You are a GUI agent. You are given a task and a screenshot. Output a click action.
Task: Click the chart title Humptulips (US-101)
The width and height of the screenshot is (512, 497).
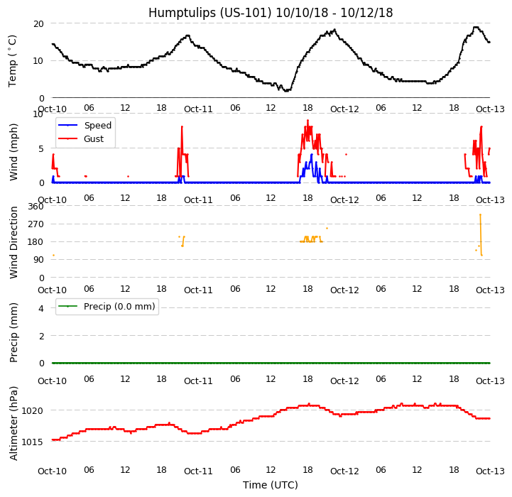tap(270, 13)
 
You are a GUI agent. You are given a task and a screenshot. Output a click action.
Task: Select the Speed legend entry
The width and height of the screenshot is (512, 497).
tap(97, 126)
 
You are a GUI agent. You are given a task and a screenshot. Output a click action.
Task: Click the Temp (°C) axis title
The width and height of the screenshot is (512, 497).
tap(13, 60)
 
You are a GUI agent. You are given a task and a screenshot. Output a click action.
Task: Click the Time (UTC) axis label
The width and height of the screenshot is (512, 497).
tap(270, 485)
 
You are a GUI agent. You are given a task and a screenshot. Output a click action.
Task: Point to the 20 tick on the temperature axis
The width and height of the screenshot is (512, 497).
tap(39, 23)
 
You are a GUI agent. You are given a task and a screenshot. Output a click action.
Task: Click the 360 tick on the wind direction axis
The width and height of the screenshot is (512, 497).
tap(37, 207)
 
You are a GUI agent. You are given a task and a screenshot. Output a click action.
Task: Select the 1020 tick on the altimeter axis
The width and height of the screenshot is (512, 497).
tap(34, 410)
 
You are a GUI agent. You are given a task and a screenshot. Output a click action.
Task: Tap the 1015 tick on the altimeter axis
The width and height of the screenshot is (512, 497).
tap(34, 442)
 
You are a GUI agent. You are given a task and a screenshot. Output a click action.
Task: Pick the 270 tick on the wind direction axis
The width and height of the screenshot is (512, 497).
tap(37, 224)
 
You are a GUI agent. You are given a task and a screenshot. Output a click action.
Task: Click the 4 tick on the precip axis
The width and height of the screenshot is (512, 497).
tap(41, 308)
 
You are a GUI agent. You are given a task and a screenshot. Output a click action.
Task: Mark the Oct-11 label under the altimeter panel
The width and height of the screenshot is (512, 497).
tap(198, 471)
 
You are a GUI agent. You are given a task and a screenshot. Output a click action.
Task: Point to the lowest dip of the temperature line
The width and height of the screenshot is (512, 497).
tap(285, 91)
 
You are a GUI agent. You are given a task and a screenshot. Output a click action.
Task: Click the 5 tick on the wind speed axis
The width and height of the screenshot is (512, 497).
tap(41, 148)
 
